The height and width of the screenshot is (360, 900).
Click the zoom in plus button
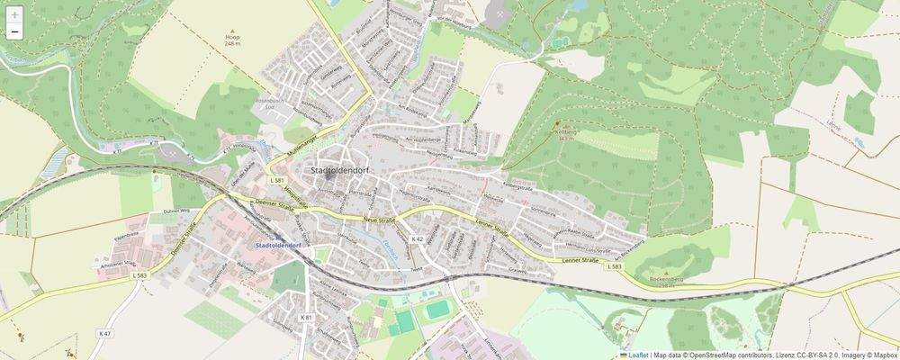[x=14, y=14]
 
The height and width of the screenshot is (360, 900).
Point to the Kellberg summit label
[x=565, y=134]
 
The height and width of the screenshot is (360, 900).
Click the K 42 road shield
[x=417, y=238]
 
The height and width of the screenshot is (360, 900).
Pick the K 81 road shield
[x=305, y=317]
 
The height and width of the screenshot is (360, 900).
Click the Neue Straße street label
[x=381, y=220]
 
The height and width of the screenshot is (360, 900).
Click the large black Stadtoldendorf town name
[x=342, y=170]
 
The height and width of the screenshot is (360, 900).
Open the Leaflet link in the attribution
[x=637, y=355]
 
